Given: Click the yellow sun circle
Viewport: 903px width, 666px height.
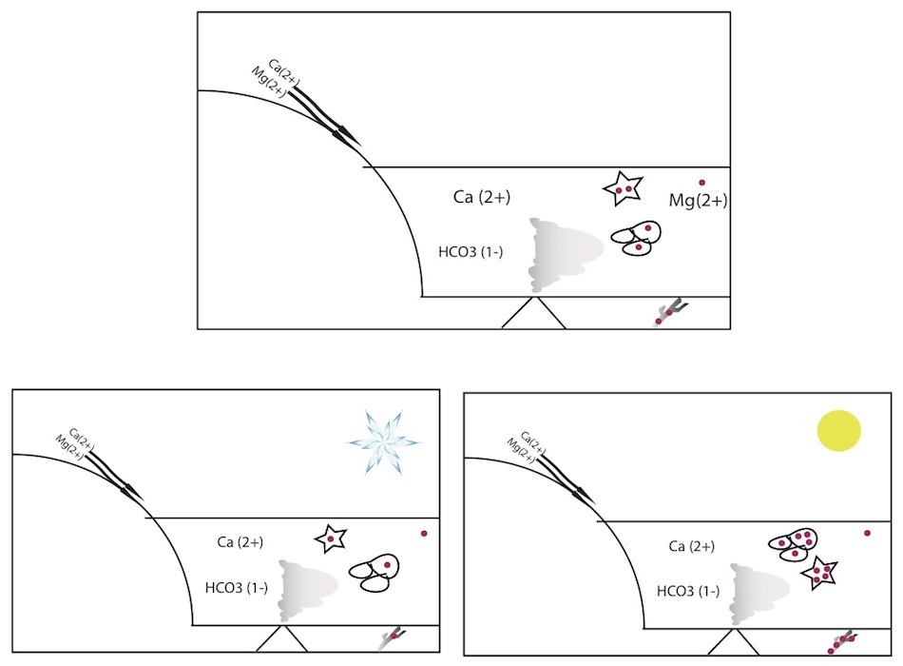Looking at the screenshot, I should point(839,429).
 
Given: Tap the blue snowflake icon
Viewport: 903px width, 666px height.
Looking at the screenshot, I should point(383,440).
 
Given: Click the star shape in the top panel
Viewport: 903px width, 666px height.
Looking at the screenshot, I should point(624,189).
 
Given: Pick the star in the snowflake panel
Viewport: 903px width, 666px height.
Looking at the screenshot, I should point(330,539).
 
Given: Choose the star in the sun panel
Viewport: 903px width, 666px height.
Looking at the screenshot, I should point(821,574).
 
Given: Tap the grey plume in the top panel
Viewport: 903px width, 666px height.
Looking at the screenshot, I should point(561,255).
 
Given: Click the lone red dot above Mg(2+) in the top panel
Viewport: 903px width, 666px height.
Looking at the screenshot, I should point(702,182).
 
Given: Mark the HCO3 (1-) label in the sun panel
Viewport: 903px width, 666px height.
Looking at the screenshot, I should point(688,590).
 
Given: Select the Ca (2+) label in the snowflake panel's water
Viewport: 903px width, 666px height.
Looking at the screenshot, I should point(240,542).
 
